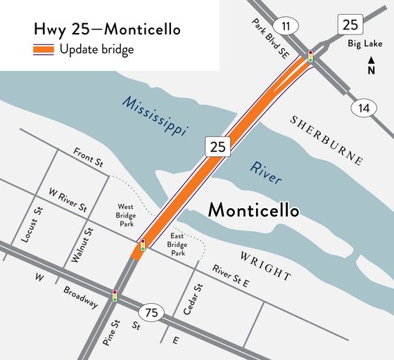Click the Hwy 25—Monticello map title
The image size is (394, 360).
click(107, 30)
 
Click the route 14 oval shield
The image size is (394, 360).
click(363, 108)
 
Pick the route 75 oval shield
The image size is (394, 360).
click(153, 312)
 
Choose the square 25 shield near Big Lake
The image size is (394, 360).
click(350, 25)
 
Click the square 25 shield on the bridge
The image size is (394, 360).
click(217, 146)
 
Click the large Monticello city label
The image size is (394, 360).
click(254, 210)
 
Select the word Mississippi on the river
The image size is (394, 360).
click(153, 115)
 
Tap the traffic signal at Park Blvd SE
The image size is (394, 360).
click(310, 56)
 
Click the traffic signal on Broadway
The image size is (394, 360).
click(115, 295)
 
